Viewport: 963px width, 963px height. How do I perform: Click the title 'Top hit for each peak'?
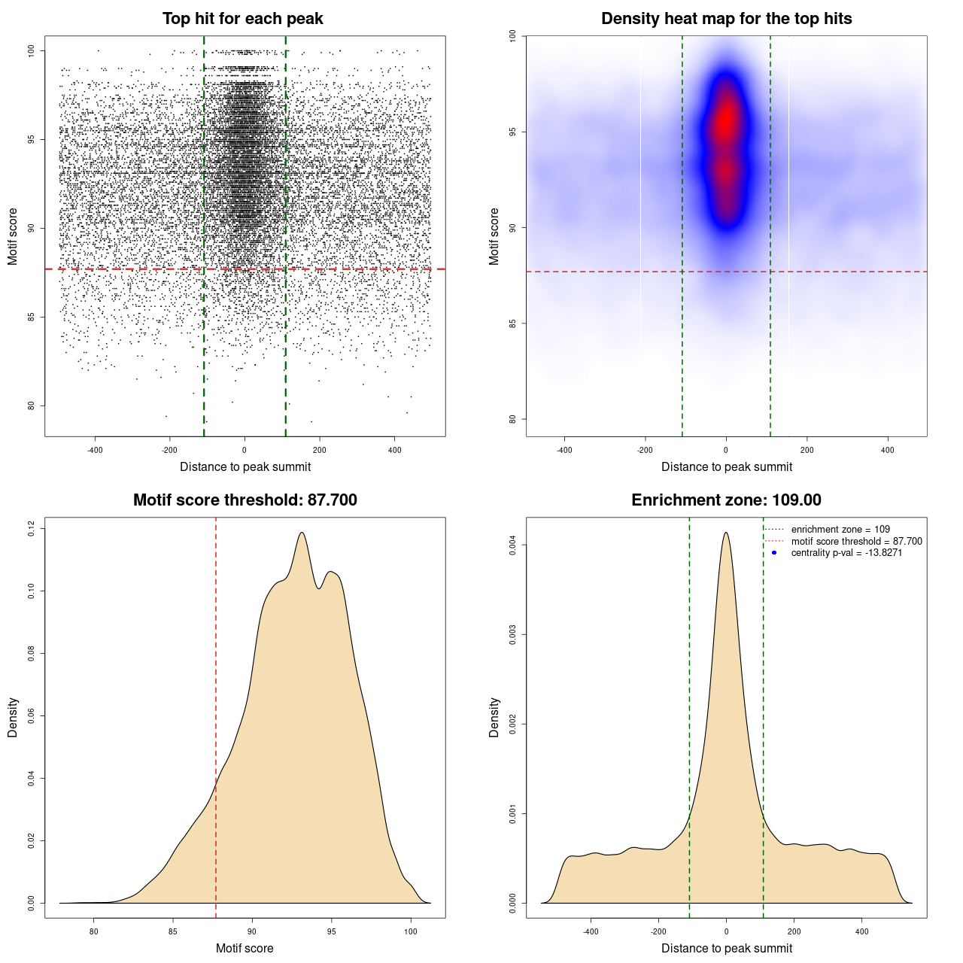coord(242,19)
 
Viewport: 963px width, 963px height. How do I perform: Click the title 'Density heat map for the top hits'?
coord(726,19)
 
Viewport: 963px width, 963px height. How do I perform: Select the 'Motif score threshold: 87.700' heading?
coord(245,500)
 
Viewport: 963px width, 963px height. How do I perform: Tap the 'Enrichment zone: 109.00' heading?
coord(726,500)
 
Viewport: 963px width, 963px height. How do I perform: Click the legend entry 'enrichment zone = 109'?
coord(840,530)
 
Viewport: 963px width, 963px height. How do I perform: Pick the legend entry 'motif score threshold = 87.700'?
coord(856,542)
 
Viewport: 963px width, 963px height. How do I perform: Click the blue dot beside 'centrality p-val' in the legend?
coord(774,553)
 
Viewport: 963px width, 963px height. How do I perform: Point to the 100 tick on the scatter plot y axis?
coord(32,50)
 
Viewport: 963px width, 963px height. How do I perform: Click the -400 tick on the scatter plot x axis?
coord(95,451)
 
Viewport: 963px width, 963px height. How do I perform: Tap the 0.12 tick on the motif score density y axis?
coord(32,529)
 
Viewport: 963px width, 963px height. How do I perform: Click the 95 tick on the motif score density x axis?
coord(332,932)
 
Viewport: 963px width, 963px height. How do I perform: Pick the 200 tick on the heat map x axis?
coord(807,451)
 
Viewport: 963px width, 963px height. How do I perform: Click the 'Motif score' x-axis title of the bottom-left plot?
coord(245,948)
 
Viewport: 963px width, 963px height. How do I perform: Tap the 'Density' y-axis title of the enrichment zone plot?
coord(494,717)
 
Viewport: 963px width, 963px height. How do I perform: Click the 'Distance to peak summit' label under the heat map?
coord(726,466)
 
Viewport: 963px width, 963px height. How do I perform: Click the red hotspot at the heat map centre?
coord(725,120)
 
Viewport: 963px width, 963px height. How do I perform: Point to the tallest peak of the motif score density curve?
coord(302,533)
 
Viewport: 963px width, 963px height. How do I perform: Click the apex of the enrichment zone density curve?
coord(726,533)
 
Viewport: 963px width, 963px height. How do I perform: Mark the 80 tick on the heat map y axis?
coord(513,419)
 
